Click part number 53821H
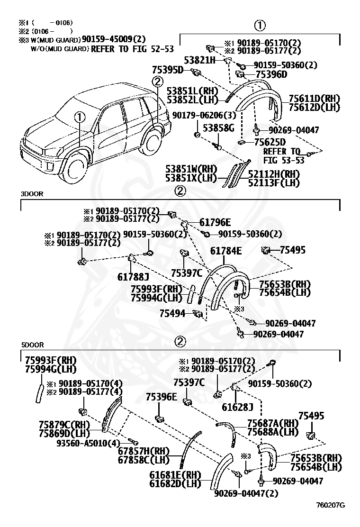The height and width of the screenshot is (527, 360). coord(200,60)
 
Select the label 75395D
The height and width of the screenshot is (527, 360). coord(168,70)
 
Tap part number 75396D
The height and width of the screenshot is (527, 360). coord(271,74)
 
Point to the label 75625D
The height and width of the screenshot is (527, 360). coord(270,142)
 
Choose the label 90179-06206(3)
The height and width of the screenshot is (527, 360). coord(204,115)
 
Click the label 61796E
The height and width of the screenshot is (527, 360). coord(215,222)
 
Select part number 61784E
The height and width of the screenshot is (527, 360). coord(226,251)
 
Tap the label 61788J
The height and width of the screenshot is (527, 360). coord(133,277)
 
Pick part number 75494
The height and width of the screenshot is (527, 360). coord(172,314)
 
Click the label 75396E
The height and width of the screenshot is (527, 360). coord(161,397)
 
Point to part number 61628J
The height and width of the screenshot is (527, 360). coord(237,407)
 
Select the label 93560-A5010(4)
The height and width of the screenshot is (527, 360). coord(88,443)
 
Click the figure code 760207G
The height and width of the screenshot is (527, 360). coord(331,505)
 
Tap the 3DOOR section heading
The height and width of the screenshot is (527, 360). coord(32,194)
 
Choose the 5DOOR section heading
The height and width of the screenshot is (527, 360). coord(32,345)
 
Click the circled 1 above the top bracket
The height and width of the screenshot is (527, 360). coord(259,26)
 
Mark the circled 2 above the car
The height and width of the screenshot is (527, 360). coord(157,82)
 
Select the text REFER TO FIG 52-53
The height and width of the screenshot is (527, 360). coord(133,49)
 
